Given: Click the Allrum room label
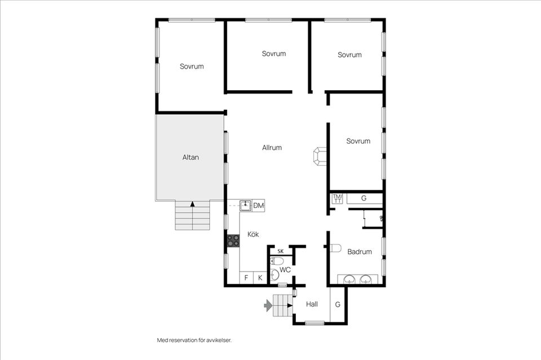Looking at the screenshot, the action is tap(272, 148).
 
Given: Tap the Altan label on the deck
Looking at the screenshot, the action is tap(190, 157).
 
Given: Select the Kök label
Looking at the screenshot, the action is tap(253, 234).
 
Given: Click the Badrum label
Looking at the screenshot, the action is tap(360, 252).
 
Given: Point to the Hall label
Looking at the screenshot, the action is tap(312, 304).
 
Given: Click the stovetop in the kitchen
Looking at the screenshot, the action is tap(233, 241).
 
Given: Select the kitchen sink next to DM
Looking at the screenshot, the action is tap(246, 206).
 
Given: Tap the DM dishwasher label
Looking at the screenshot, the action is tap(259, 206).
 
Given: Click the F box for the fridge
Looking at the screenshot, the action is tap(246, 278).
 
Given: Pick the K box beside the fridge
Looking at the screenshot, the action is tap(260, 278).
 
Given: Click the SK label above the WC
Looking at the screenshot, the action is tap(281, 251).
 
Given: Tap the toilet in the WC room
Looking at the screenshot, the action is tap(277, 261).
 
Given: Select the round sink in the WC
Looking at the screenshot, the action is tap(274, 275).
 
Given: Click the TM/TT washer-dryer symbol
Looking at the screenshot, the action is tap(337, 199).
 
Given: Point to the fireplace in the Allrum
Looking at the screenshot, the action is tap(320, 157).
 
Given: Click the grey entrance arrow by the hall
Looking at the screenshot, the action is tap(268, 305).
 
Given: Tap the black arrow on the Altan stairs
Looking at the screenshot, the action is tap(193, 204).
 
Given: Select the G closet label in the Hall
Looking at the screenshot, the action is tap(338, 304).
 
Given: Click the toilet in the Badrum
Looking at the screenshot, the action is tap(335, 248).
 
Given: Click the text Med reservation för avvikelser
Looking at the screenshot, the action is tap(194, 340).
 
